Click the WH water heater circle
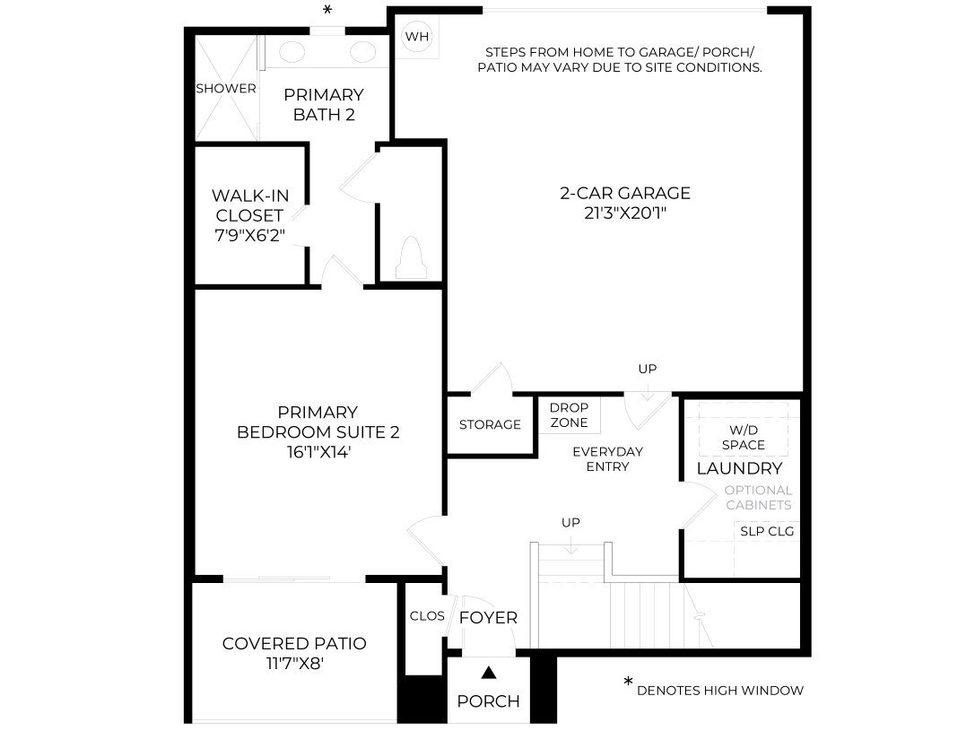coord(416,37)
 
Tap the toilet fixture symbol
coord(411,258)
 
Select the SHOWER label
coord(226,88)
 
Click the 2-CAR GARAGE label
coord(625,194)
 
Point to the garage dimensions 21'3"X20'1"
coord(625,213)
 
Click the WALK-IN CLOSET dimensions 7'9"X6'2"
coord(249,236)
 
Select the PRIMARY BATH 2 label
coord(324,104)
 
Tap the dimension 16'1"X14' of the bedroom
coord(318,452)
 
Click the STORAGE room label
coord(490,424)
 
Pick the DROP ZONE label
coord(569,415)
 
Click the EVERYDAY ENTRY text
coord(607,458)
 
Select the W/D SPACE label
coord(743,438)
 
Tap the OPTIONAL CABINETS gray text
coord(759,498)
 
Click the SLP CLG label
coord(767,532)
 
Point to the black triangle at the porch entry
coord(490,672)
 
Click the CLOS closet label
coord(427,616)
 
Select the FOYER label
coord(488,618)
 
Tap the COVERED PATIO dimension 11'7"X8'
coord(295,664)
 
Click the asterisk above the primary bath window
coord(327,10)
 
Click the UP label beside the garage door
coord(648,369)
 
